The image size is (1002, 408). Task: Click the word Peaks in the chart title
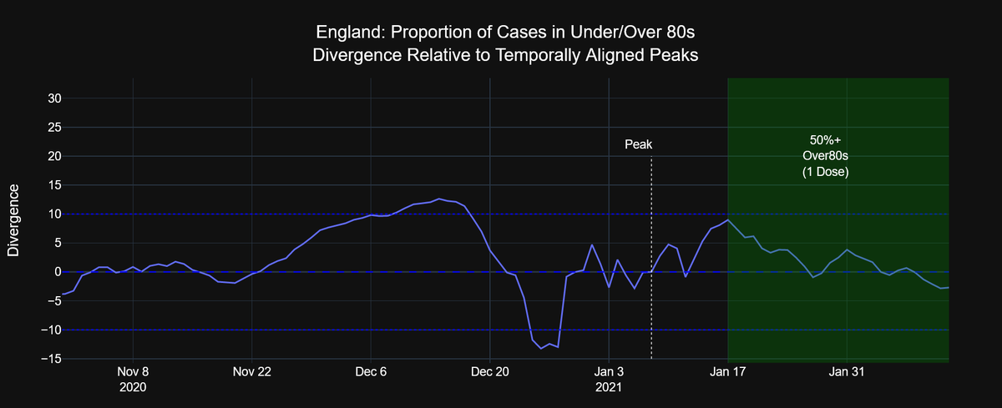coord(672,56)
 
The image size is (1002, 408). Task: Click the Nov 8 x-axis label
coord(133,372)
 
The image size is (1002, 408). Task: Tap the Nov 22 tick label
coord(251,372)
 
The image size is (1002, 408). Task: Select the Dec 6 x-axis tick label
coord(371,372)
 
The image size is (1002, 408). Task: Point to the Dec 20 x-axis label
coord(489,372)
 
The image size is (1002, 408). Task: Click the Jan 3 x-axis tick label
coord(609,372)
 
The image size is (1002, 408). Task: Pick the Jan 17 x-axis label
coord(728,372)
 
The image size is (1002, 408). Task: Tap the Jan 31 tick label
coord(847,372)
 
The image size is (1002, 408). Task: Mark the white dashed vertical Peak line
coord(651,250)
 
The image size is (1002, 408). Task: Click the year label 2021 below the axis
coord(609,387)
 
